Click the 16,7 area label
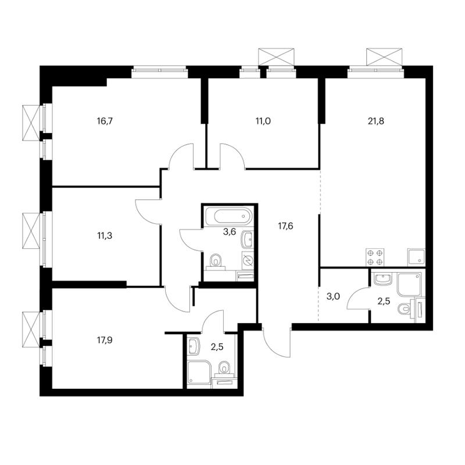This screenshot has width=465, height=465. click(x=105, y=121)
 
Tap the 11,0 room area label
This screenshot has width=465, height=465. click(x=263, y=121)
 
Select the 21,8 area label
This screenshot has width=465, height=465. click(x=376, y=121)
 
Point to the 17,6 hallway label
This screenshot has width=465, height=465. click(x=285, y=226)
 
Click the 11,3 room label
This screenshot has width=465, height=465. click(x=105, y=236)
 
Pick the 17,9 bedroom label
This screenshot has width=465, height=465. click(x=105, y=340)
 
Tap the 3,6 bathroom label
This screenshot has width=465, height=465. click(x=229, y=231)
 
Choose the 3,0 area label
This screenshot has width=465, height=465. click(x=333, y=296)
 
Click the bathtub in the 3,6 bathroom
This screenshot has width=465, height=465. click(x=228, y=216)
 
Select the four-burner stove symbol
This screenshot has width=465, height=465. click(x=375, y=257)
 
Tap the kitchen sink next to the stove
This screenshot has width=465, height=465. click(x=416, y=257)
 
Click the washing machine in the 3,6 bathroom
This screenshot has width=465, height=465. click(x=248, y=260)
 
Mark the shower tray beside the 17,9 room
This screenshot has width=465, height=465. click(x=199, y=373)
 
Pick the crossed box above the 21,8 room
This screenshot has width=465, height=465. click(x=385, y=56)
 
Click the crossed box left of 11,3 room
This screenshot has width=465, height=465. click(x=31, y=228)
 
